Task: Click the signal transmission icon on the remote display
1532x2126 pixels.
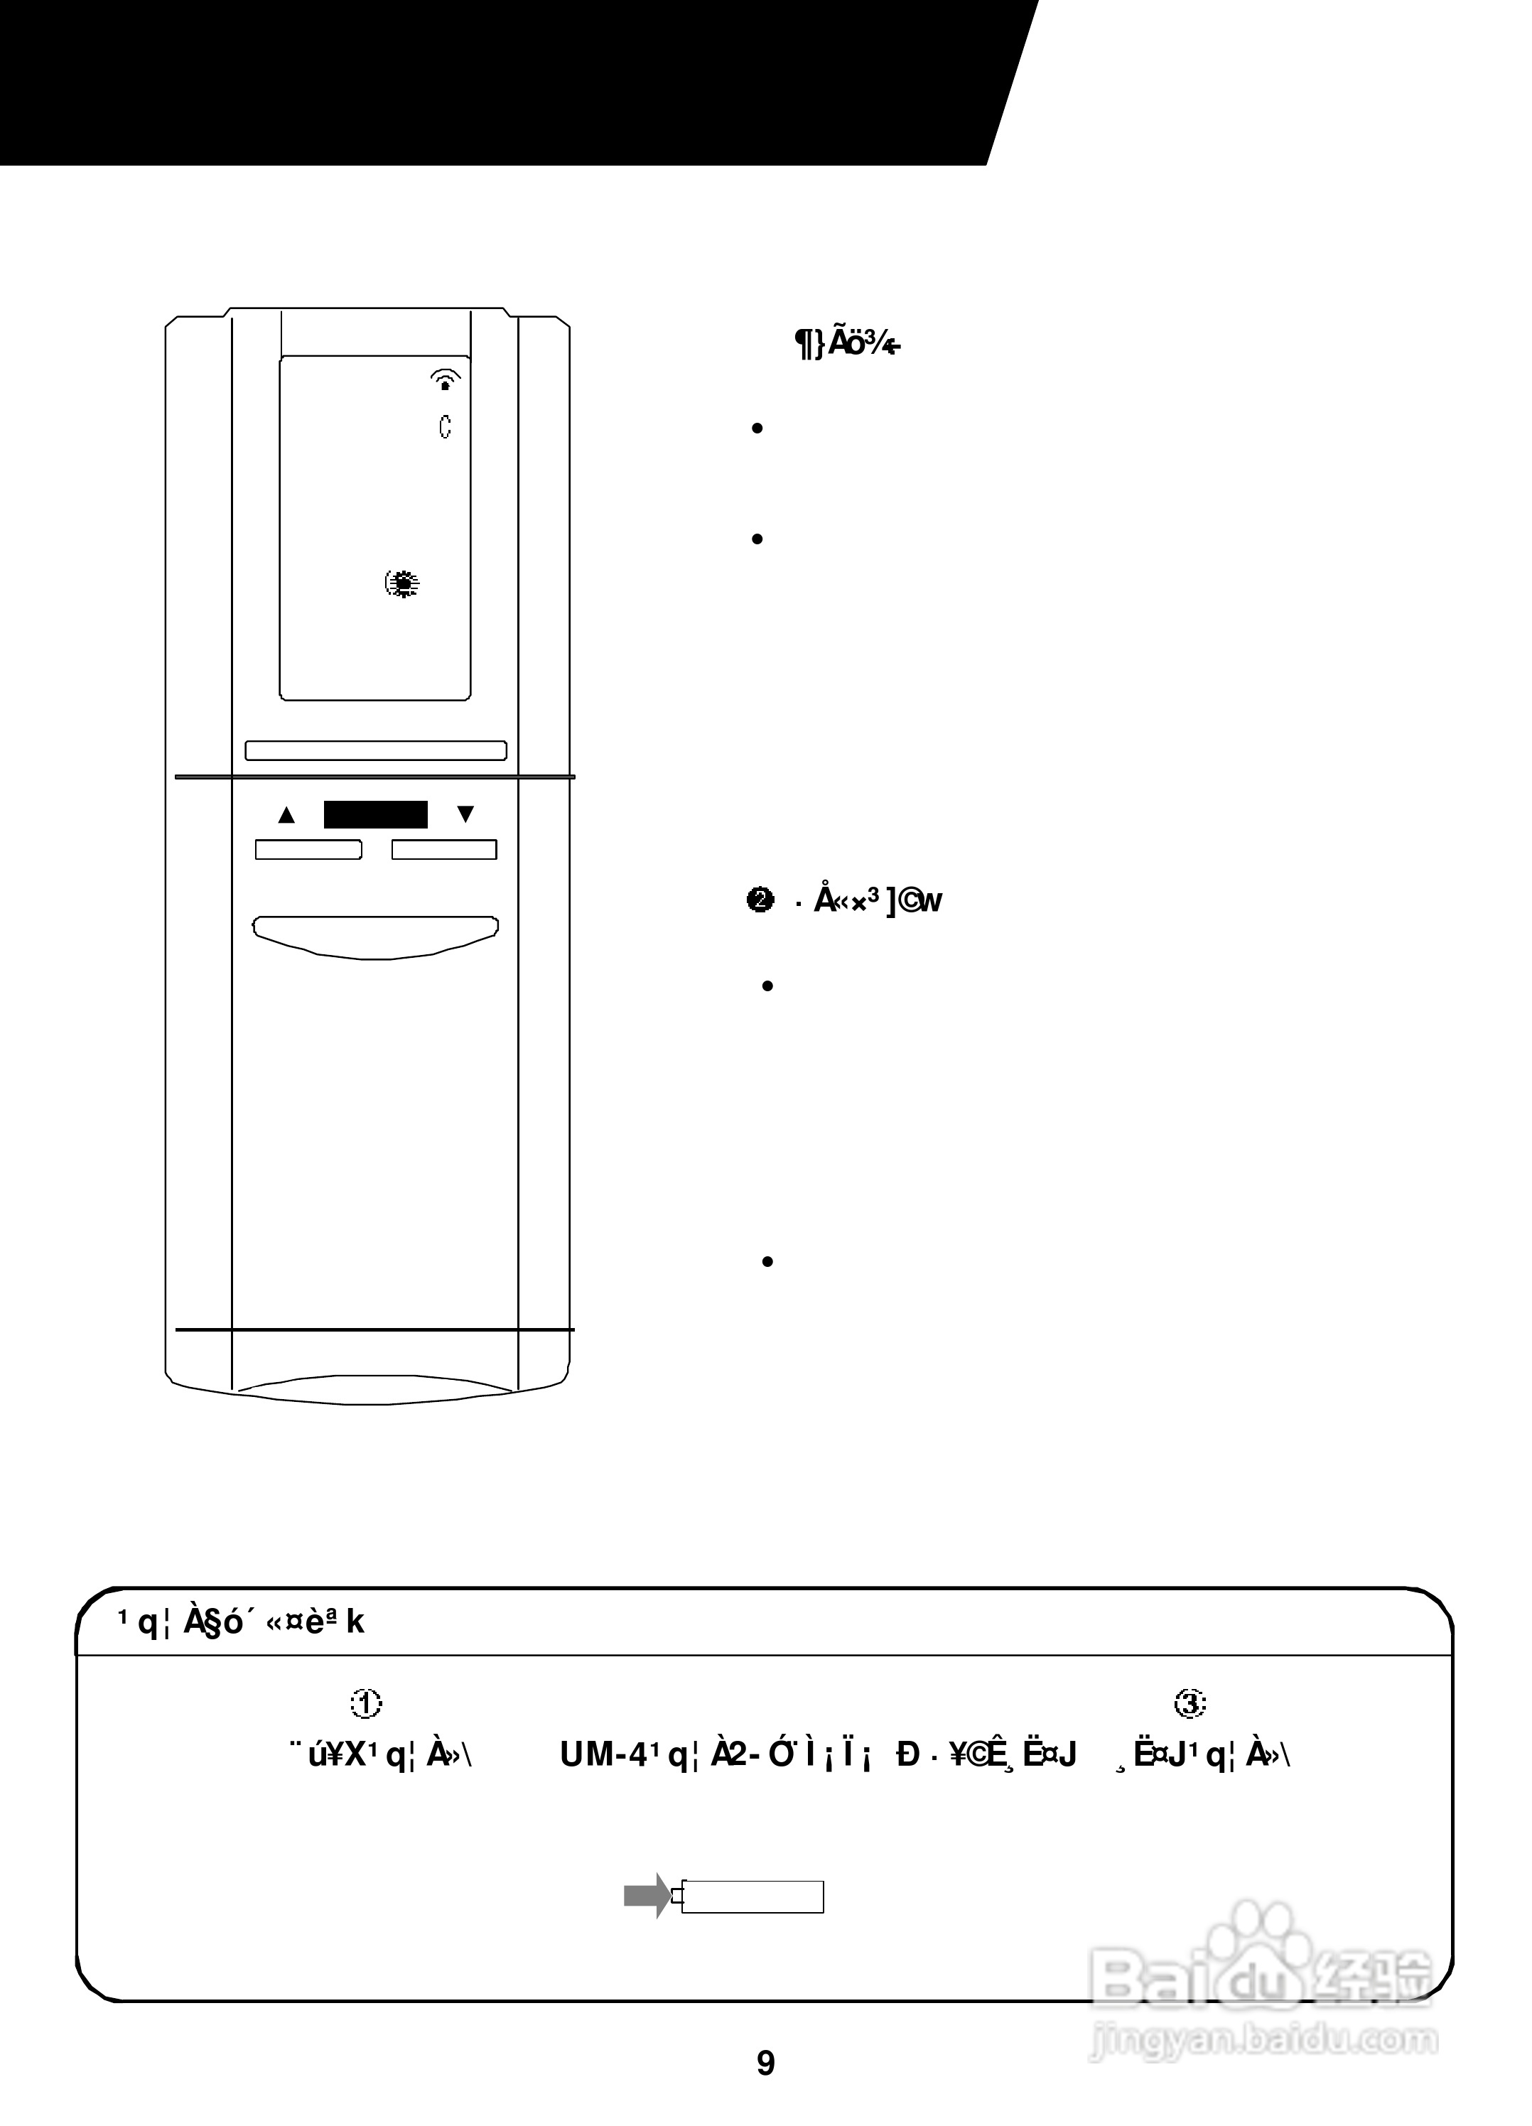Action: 446,379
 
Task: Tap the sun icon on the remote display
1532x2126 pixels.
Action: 403,584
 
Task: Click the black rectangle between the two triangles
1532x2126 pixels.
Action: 375,814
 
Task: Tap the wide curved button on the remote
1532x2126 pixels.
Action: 375,936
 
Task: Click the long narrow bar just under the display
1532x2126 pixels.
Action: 375,751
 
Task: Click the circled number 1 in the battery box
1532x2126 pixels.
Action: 366,1704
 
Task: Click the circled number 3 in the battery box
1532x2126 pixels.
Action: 1190,1704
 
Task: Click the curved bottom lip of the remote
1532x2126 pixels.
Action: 375,1389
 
